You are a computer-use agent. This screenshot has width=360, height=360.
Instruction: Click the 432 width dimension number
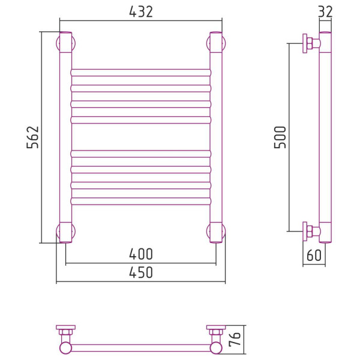pos(141,12)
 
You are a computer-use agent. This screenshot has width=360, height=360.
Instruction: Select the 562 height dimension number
pos(33,137)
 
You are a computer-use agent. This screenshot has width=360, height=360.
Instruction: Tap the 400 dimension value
pos(141,254)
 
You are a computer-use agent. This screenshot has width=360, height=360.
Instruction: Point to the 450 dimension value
pos(141,272)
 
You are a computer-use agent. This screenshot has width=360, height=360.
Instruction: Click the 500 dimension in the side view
pos(280,137)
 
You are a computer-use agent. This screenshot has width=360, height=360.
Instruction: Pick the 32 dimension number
pos(325,12)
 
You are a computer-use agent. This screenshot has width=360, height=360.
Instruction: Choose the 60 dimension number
pos(314,255)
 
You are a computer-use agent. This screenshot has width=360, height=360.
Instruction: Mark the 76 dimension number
pos(235,338)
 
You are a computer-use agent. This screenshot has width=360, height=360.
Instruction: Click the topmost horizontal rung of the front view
pos(141,73)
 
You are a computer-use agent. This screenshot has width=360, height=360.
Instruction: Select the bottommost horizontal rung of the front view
pos(141,201)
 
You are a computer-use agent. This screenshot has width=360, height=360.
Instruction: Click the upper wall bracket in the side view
pos(311,43)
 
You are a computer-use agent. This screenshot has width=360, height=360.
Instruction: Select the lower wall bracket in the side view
pos(311,232)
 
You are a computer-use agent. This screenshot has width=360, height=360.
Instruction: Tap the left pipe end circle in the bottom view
pos(65,348)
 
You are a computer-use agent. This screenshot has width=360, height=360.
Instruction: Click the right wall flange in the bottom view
pos(216,328)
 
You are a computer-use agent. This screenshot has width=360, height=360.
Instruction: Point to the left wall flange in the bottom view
pos(65,328)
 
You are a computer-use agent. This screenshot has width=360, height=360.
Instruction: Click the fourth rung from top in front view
pos(141,120)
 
